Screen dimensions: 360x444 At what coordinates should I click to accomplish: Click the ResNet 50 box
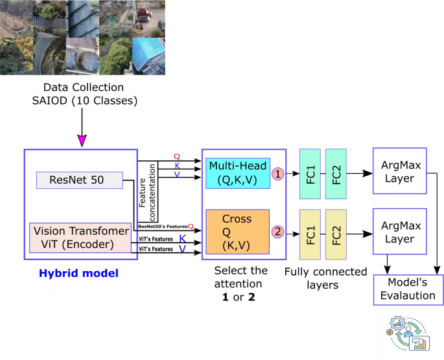[x=79, y=180]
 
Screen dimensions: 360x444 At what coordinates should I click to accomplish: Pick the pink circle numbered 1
[x=277, y=173]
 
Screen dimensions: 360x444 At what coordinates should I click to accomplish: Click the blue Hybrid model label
[x=87, y=274]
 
